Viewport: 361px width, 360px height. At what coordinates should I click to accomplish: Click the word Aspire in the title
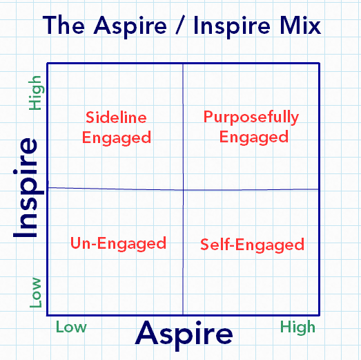[x=130, y=27]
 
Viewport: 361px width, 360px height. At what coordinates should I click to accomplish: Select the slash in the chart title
[x=180, y=26]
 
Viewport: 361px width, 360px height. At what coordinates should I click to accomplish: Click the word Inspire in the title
[x=232, y=27]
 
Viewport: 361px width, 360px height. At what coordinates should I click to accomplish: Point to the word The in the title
[x=64, y=26]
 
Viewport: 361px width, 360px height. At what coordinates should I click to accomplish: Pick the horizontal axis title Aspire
[x=184, y=335]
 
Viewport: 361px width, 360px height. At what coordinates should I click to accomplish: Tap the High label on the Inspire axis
[x=35, y=93]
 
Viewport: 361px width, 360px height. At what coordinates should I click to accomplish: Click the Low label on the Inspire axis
[x=36, y=293]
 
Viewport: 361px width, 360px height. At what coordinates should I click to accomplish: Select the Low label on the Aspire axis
[x=71, y=327]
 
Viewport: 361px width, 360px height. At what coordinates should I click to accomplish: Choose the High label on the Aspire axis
[x=297, y=328]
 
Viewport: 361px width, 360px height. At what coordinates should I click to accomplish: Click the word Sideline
[x=116, y=117]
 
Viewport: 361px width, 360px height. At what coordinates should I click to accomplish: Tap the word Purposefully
[x=251, y=117]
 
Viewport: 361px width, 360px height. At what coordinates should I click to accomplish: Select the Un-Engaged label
[x=118, y=244]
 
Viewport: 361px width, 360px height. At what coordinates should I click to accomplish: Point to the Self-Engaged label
[x=253, y=245]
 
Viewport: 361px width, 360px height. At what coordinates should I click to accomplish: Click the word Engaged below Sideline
[x=117, y=138]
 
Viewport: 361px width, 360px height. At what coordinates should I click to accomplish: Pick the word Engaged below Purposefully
[x=254, y=138]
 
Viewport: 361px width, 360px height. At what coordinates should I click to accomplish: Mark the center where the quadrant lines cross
[x=184, y=190]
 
